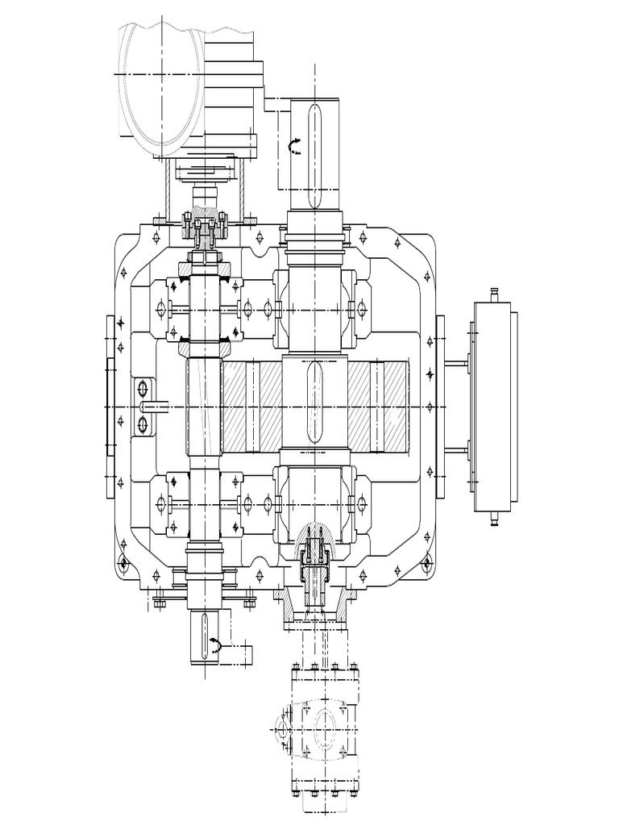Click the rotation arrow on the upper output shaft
[x=296, y=145]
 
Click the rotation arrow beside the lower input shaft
[x=216, y=643]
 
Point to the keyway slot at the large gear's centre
[x=314, y=403]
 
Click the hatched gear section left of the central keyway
[x=250, y=403]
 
